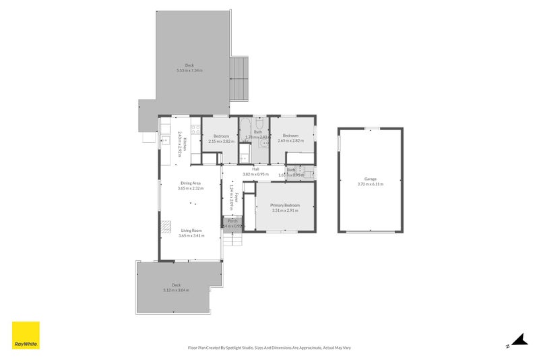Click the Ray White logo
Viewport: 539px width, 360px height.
(26, 335)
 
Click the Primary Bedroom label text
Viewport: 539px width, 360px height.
(285, 205)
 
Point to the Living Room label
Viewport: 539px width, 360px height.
(191, 231)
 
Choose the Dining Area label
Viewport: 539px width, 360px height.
(191, 183)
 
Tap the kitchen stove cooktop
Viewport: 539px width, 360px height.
(195, 129)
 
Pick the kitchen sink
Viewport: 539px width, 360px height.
(164, 142)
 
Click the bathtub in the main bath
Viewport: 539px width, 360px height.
(245, 126)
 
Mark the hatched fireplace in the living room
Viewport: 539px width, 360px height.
(164, 227)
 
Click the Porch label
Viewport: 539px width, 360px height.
(232, 220)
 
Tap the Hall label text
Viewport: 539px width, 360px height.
(255, 169)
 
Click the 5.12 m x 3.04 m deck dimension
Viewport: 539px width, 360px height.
(176, 290)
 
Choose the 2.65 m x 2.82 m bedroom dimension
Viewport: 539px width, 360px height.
(290, 141)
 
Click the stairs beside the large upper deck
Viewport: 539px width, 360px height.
(240, 78)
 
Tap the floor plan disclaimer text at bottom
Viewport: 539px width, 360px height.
(269, 348)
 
